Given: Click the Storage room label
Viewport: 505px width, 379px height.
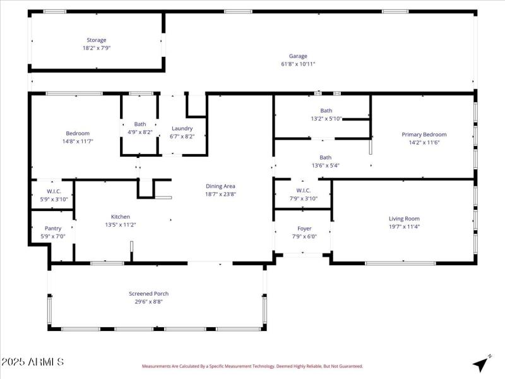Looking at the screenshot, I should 97,40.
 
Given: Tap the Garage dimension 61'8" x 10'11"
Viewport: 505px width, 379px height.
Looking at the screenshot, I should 298,64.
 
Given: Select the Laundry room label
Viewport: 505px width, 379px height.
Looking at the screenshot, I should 182,128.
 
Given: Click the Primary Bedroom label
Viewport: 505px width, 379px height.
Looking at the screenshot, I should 424,135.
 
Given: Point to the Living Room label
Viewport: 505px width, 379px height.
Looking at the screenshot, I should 404,219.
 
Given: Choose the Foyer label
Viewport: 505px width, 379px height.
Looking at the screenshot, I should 304,229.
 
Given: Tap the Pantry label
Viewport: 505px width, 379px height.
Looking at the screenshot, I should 53,229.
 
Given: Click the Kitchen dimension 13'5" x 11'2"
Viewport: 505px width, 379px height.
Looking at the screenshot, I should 120,225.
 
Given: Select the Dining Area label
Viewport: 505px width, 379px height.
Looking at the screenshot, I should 220,186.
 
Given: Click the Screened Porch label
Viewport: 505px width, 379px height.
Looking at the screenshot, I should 148,294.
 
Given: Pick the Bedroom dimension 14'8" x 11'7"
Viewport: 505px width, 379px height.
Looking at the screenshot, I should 78,141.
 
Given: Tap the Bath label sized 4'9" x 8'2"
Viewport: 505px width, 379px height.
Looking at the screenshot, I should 140,124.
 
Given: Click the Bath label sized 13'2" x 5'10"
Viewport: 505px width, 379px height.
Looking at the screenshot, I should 326,111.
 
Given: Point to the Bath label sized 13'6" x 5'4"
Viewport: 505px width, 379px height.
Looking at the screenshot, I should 325,158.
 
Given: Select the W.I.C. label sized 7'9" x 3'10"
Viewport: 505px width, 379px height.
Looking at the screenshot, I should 303,190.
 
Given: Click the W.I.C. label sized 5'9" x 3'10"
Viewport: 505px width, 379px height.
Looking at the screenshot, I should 53,191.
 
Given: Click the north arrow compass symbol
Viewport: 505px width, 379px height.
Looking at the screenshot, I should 482,363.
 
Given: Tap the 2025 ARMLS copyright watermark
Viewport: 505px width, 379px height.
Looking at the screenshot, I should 32,363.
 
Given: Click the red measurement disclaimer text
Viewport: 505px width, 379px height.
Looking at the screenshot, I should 252,366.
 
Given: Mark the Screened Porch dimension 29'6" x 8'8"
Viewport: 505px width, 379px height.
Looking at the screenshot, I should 148,302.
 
